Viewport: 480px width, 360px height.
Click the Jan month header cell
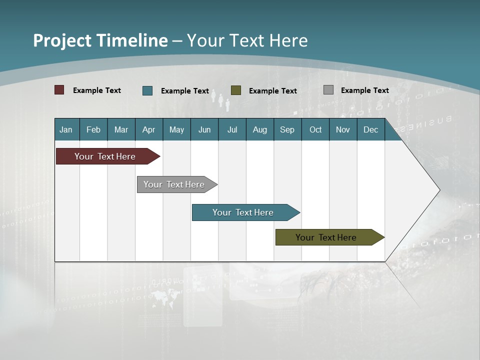pos(66,129)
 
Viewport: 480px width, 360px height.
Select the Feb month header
pos(93,129)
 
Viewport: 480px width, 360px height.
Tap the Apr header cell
pos(149,129)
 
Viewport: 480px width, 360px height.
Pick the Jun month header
pos(204,129)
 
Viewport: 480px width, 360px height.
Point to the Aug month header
pos(260,129)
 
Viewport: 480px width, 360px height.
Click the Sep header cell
pos(287,129)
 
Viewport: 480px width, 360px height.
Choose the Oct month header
pos(315,129)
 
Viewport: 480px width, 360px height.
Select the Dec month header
pos(371,129)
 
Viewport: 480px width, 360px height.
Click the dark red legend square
pos(59,90)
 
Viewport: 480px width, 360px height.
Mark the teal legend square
pos(147,90)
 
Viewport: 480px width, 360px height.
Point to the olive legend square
pos(236,90)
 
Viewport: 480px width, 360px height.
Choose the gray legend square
pos(328,90)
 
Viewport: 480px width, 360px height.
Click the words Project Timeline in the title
pos(100,40)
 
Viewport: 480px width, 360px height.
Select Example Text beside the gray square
pos(364,90)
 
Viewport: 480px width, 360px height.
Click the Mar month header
pos(121,129)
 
